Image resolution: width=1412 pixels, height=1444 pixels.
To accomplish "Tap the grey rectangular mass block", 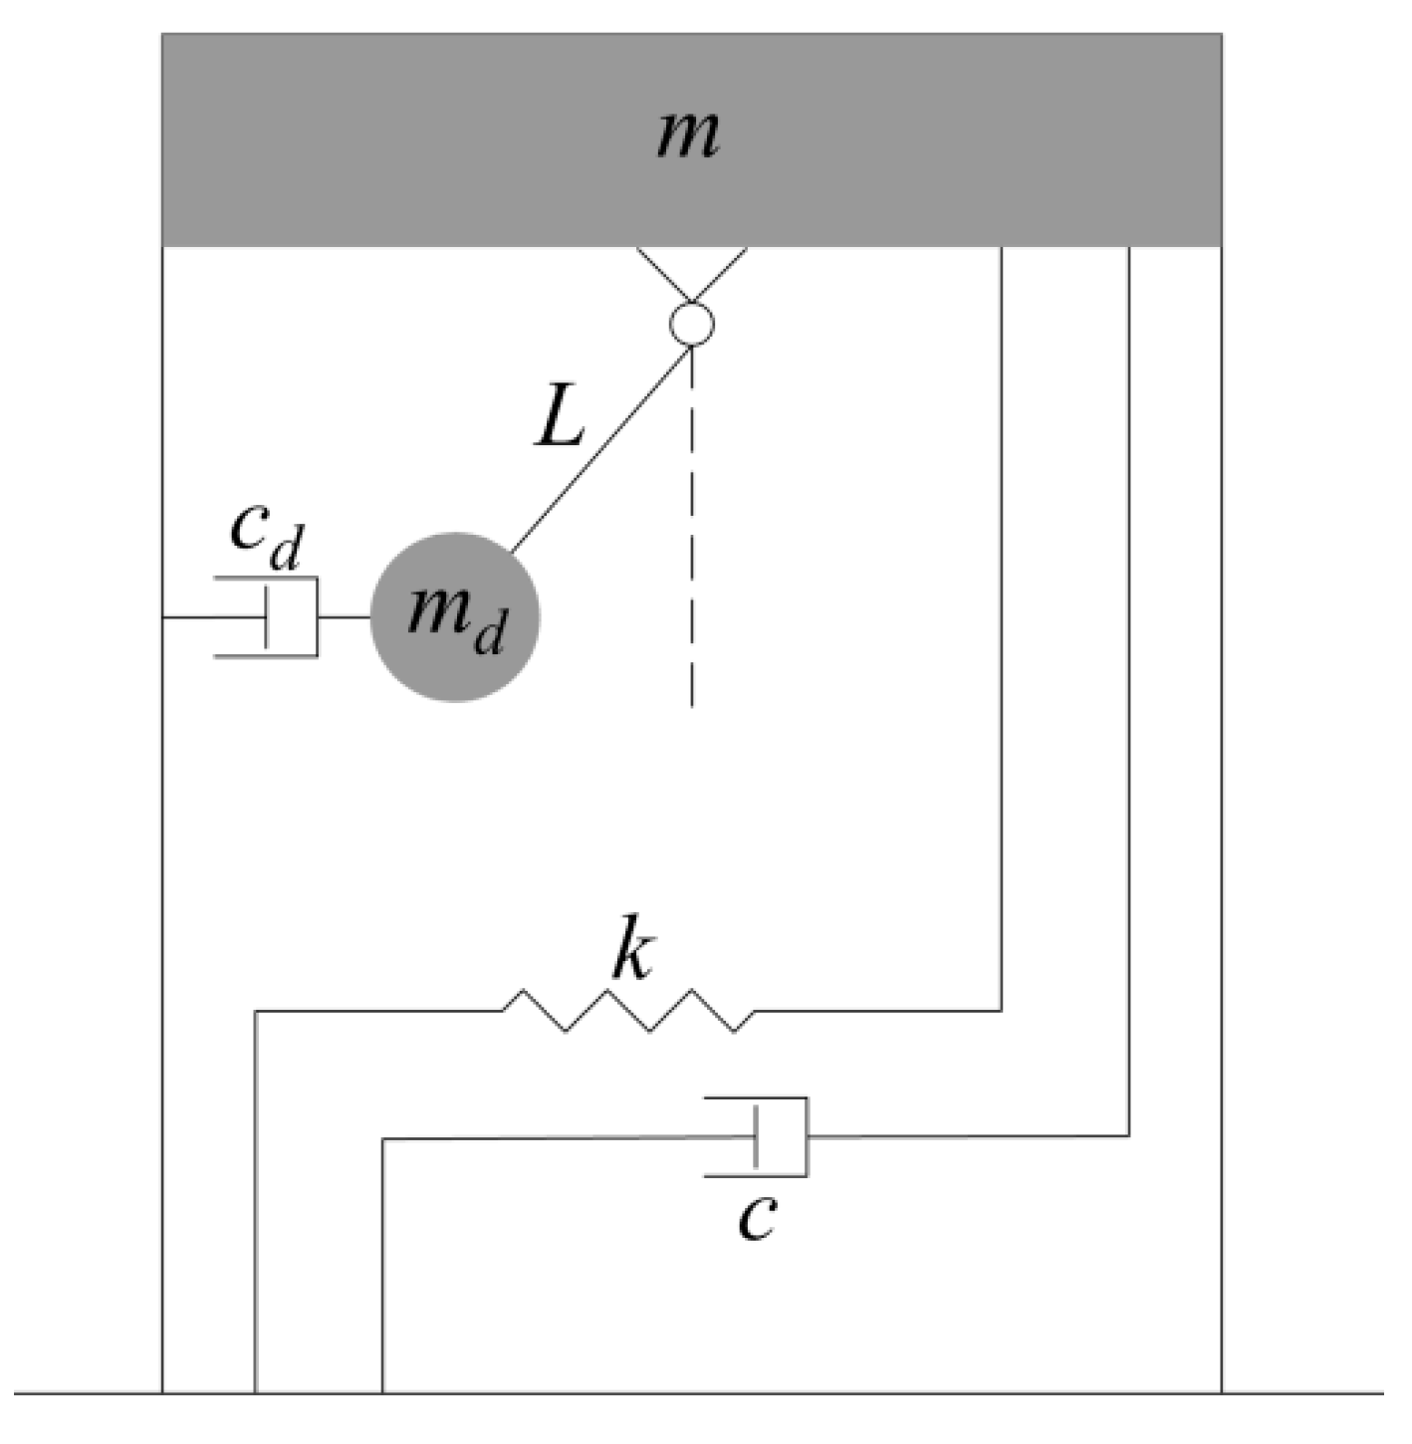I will [x=398, y=139].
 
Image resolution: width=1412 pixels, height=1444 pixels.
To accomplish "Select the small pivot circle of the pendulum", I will [x=692, y=324].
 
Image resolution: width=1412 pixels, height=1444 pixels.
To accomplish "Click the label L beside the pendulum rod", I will [x=560, y=418].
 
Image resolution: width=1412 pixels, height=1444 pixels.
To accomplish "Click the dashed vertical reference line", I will [x=692, y=528].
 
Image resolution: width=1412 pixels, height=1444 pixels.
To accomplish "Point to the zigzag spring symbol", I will [x=627, y=1011].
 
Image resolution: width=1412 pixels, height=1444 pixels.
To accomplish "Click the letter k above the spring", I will [x=631, y=956].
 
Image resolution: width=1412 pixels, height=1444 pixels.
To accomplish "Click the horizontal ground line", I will [x=697, y=1392].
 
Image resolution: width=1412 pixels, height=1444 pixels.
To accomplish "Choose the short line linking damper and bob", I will [x=344, y=617].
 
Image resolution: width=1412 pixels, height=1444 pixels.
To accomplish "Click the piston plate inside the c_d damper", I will [x=267, y=617].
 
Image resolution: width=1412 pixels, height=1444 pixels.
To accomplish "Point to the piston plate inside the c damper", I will [x=756, y=1137].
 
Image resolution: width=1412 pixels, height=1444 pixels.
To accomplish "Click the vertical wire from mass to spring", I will [x=1002, y=627].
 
